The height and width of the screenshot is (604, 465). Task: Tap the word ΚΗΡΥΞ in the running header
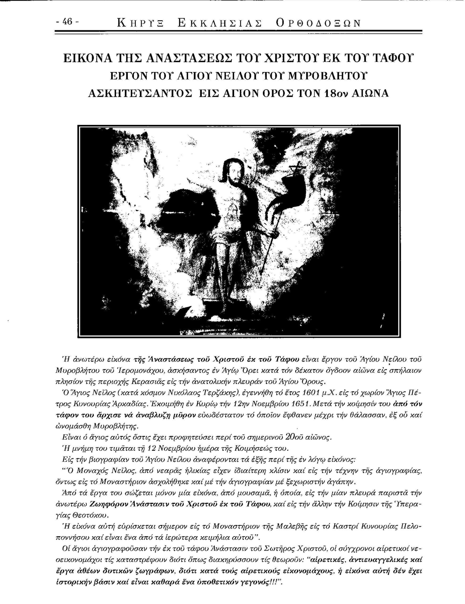tap(140, 23)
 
